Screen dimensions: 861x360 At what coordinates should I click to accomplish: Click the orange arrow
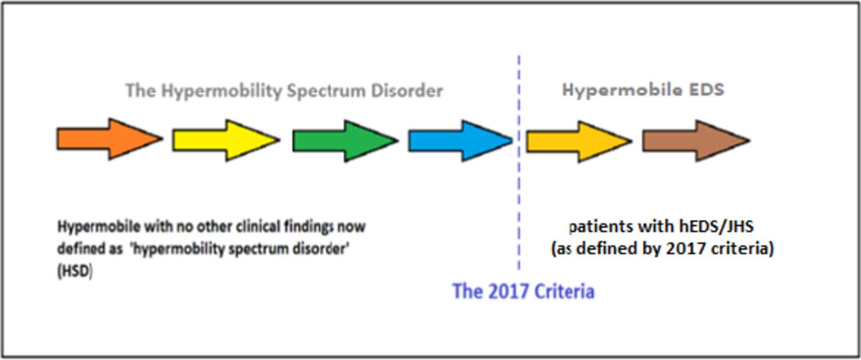tap(110, 139)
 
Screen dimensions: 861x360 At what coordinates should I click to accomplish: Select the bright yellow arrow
tap(226, 140)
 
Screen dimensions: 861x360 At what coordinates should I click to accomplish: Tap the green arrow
tap(345, 141)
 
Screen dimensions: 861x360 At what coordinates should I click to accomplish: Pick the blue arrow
tap(461, 141)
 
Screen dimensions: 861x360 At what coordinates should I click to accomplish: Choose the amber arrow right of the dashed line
tap(579, 141)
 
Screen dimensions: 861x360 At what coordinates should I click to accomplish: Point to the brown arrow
tap(696, 141)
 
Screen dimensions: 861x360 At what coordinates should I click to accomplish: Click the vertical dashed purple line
tap(519, 162)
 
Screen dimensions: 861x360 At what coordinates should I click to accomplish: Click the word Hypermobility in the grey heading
tap(221, 92)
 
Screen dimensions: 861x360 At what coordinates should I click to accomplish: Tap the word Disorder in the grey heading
tap(407, 91)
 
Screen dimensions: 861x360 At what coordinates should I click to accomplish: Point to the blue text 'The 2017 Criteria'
tap(523, 291)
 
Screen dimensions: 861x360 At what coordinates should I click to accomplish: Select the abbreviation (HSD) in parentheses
tap(75, 272)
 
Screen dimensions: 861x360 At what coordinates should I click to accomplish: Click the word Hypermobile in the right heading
tap(622, 90)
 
